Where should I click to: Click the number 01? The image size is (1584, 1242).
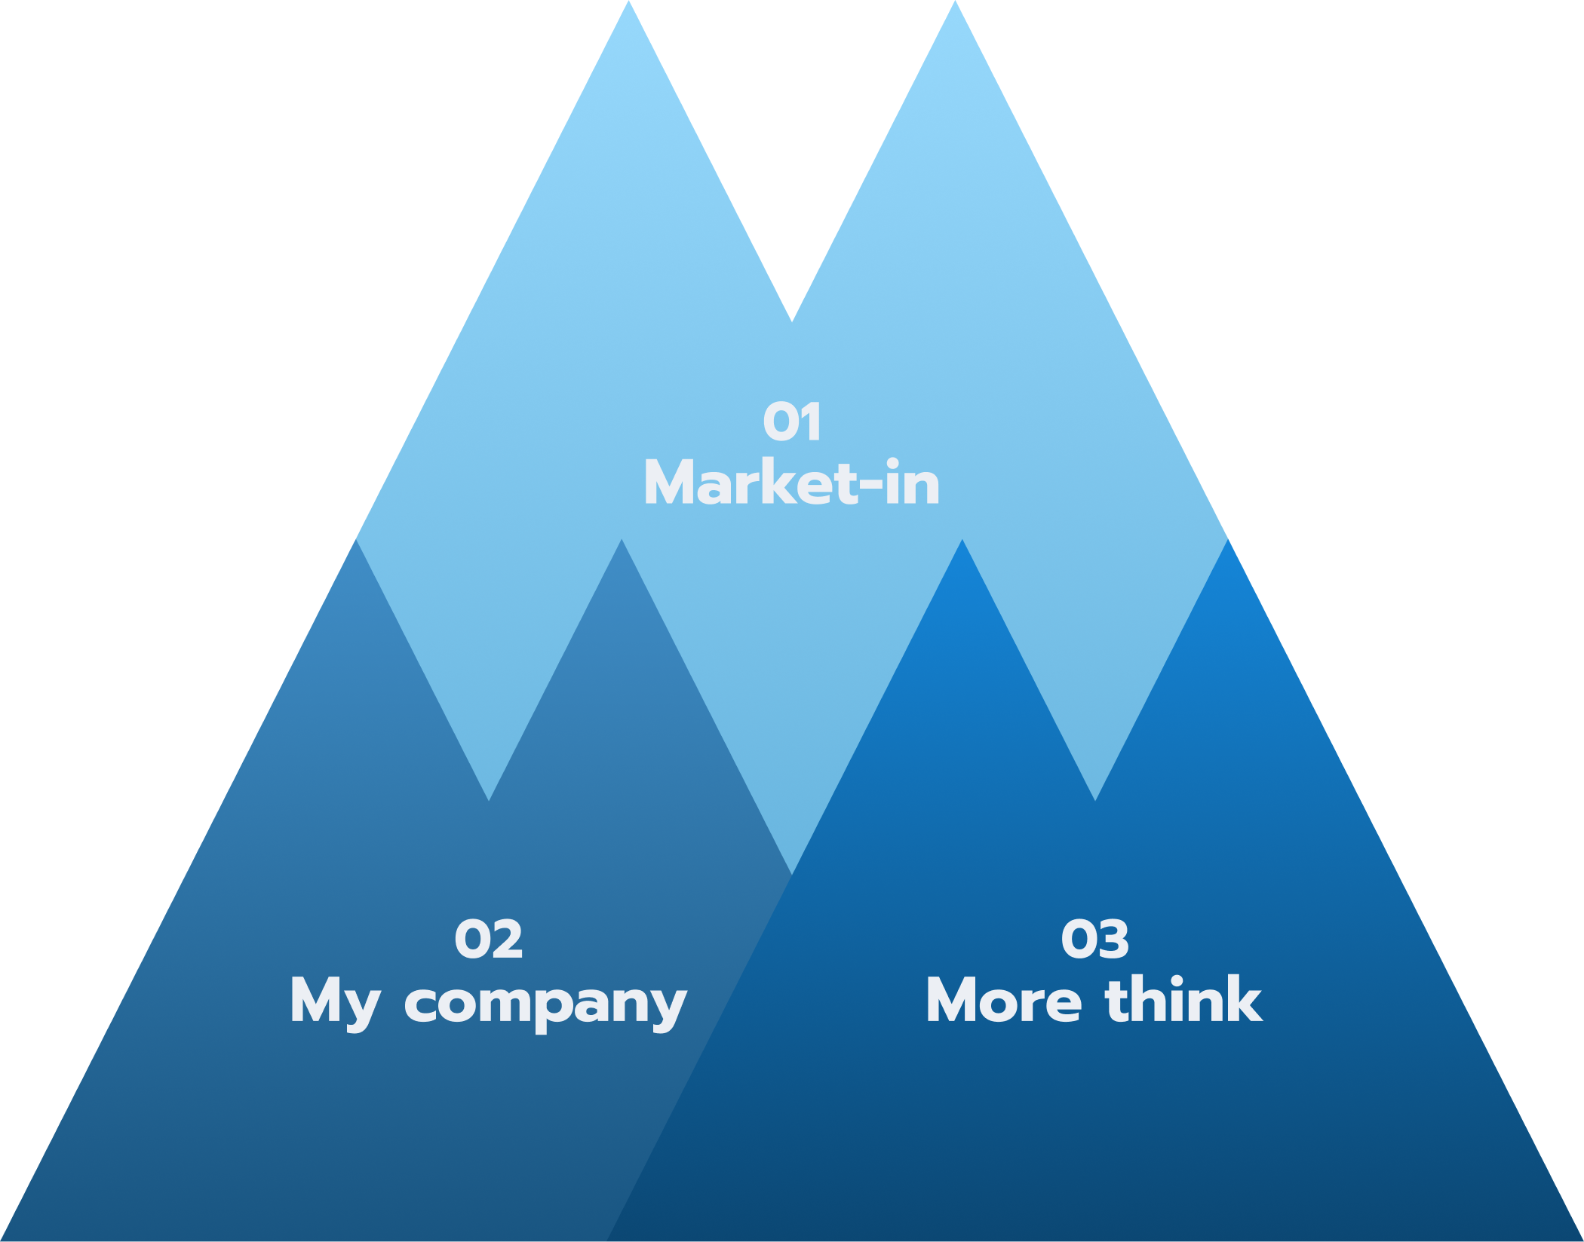[791, 422]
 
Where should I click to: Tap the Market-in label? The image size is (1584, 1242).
[791, 483]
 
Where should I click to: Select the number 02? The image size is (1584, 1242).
[488, 940]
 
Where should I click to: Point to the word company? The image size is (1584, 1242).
[545, 1004]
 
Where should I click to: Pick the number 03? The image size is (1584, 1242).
[1094, 940]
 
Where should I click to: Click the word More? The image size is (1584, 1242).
[1004, 1001]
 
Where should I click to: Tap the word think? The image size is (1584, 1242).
[1183, 1000]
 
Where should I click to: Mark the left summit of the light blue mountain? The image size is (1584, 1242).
[628, 6]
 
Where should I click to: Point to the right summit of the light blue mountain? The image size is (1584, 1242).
[955, 6]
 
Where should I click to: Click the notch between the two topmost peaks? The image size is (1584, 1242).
[792, 317]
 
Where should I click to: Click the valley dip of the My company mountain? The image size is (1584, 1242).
[489, 796]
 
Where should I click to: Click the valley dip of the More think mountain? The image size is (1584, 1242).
[1095, 796]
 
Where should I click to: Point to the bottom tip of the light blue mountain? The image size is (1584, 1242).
[792, 870]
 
